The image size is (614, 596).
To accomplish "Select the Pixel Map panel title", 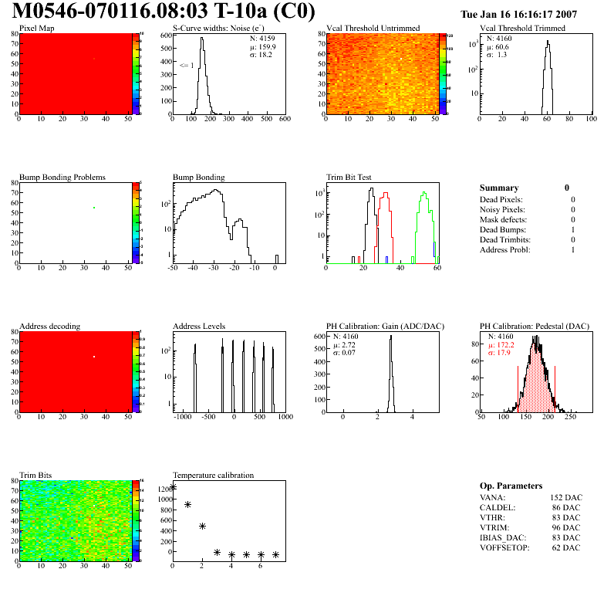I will [x=37, y=29].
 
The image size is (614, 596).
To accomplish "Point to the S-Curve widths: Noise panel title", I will [x=222, y=29].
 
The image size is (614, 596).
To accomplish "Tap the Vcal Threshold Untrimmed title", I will [x=373, y=29].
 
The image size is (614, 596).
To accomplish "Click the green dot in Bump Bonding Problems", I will [x=94, y=208].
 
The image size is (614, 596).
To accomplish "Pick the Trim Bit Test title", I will [x=349, y=178].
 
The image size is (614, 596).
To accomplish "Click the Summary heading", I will [x=499, y=188].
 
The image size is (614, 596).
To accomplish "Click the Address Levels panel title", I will [x=199, y=327].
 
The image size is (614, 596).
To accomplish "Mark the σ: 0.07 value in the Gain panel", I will [x=349, y=353].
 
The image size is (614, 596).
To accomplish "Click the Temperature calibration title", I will [x=213, y=476].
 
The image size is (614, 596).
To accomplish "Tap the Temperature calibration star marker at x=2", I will [x=202, y=526].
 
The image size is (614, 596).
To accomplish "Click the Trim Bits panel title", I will [x=35, y=476].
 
